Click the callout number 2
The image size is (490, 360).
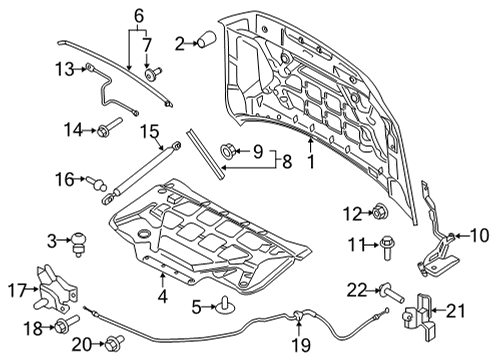pos(180,42)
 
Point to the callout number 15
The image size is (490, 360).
pos(150,130)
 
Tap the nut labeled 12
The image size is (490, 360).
pos(380,211)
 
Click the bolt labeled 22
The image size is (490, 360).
pos(384,290)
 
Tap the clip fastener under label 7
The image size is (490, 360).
pos(151,74)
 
